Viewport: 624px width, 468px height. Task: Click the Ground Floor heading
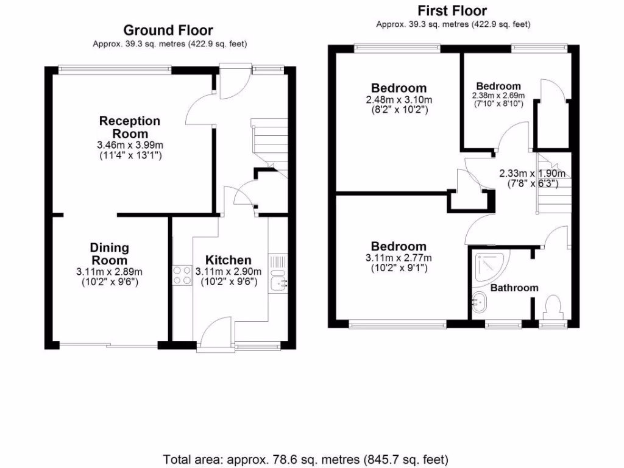(168, 30)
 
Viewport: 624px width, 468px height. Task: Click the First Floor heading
(452, 11)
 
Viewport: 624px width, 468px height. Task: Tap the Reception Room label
(130, 127)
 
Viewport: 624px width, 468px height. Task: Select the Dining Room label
(110, 253)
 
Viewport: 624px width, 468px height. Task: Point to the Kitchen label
(228, 260)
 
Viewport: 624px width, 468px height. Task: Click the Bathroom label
(514, 288)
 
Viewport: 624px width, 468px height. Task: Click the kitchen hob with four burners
(182, 275)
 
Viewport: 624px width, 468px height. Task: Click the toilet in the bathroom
(553, 305)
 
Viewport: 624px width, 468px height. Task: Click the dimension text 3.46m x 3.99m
(130, 145)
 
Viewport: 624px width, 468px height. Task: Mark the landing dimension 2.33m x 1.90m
(532, 173)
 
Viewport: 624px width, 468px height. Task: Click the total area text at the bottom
(306, 458)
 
